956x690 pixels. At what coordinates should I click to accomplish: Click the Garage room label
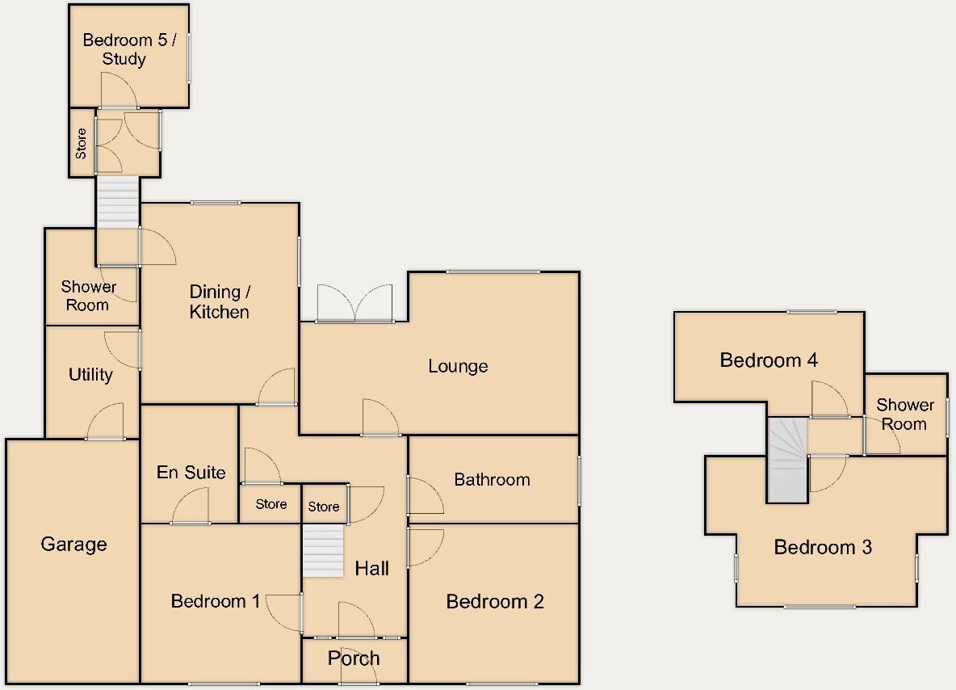click(73, 545)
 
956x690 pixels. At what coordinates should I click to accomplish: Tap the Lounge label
click(458, 366)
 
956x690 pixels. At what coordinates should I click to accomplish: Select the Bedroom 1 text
click(216, 601)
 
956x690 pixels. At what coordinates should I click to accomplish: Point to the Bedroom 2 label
click(495, 601)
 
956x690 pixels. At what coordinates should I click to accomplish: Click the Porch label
click(354, 658)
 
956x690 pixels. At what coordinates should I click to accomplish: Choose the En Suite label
click(191, 473)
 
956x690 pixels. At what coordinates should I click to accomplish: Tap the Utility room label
click(90, 375)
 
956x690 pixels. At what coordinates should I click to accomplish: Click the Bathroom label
click(492, 480)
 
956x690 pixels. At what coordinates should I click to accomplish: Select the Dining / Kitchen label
click(219, 301)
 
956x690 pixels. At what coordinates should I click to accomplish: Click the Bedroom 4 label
click(769, 360)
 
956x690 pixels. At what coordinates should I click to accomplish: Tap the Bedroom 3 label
click(823, 548)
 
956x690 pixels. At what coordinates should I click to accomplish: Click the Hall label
click(371, 569)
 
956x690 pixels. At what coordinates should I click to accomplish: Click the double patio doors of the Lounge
click(355, 305)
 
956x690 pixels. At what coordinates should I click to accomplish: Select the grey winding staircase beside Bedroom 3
click(786, 459)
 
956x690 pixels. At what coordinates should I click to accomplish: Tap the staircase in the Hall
click(323, 550)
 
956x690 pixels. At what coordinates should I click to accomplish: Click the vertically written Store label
click(81, 143)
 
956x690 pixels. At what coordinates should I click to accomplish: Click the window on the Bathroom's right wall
click(579, 481)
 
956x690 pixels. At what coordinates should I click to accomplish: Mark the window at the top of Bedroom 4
click(812, 312)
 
